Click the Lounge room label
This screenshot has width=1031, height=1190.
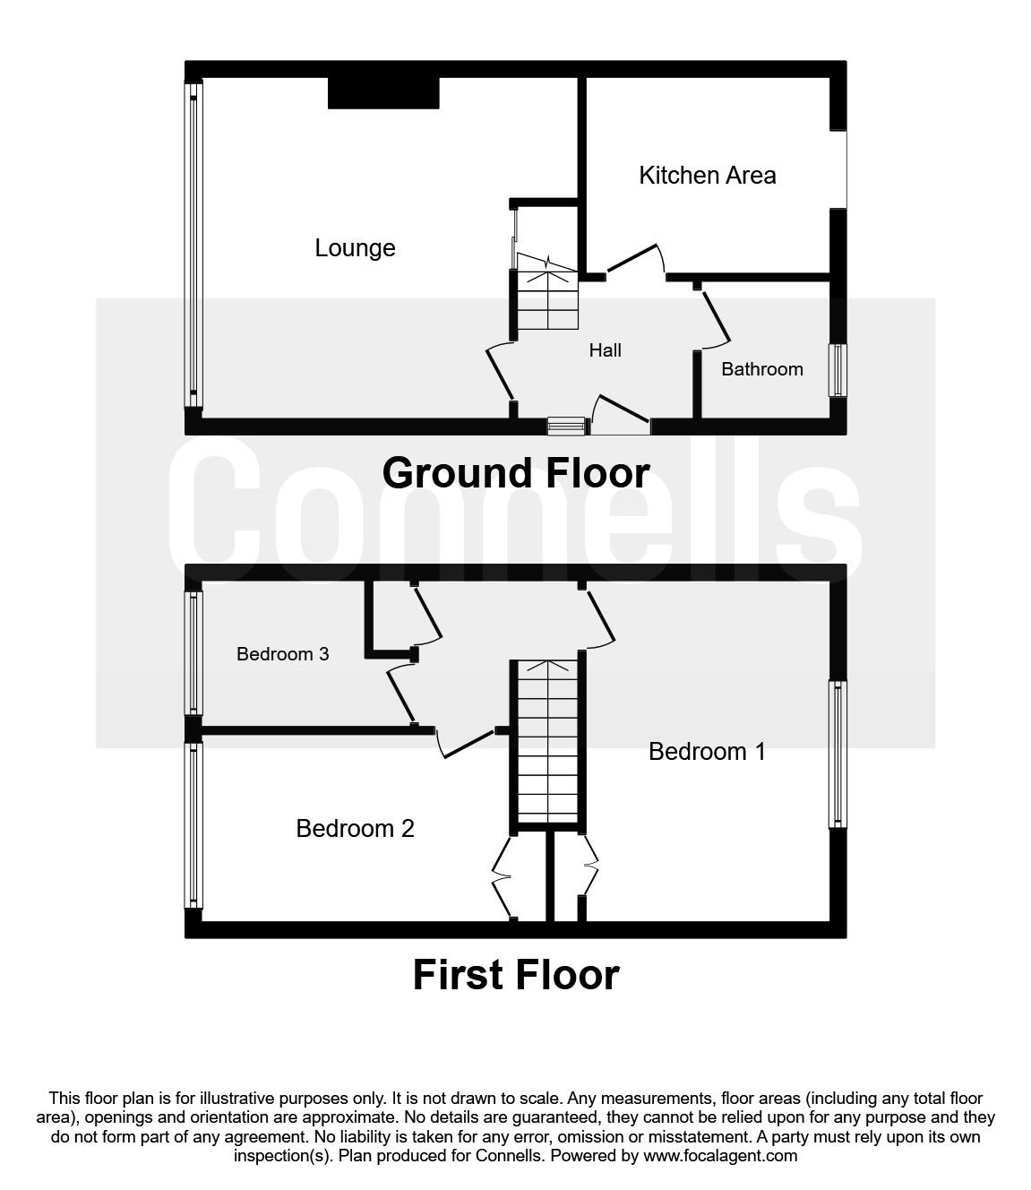click(x=355, y=248)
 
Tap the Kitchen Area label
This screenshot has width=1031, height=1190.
click(x=707, y=176)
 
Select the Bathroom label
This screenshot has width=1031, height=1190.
click(x=761, y=369)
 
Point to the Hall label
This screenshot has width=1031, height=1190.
click(x=605, y=350)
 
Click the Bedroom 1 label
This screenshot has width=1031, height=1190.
click(x=707, y=751)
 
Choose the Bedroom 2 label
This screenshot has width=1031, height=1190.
click(x=355, y=828)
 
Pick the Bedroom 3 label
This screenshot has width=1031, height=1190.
click(x=282, y=654)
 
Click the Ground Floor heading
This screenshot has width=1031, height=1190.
click(x=515, y=473)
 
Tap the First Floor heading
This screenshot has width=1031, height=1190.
click(x=515, y=975)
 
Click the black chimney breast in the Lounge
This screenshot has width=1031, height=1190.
click(x=383, y=93)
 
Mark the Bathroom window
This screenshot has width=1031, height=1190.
click(x=838, y=369)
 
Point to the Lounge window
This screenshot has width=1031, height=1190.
click(x=193, y=244)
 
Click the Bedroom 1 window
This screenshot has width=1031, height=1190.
click(x=838, y=753)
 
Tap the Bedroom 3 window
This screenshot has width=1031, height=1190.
click(x=193, y=651)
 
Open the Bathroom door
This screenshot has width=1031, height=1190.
click(x=716, y=318)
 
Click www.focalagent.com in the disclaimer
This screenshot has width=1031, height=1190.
click(x=720, y=1155)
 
